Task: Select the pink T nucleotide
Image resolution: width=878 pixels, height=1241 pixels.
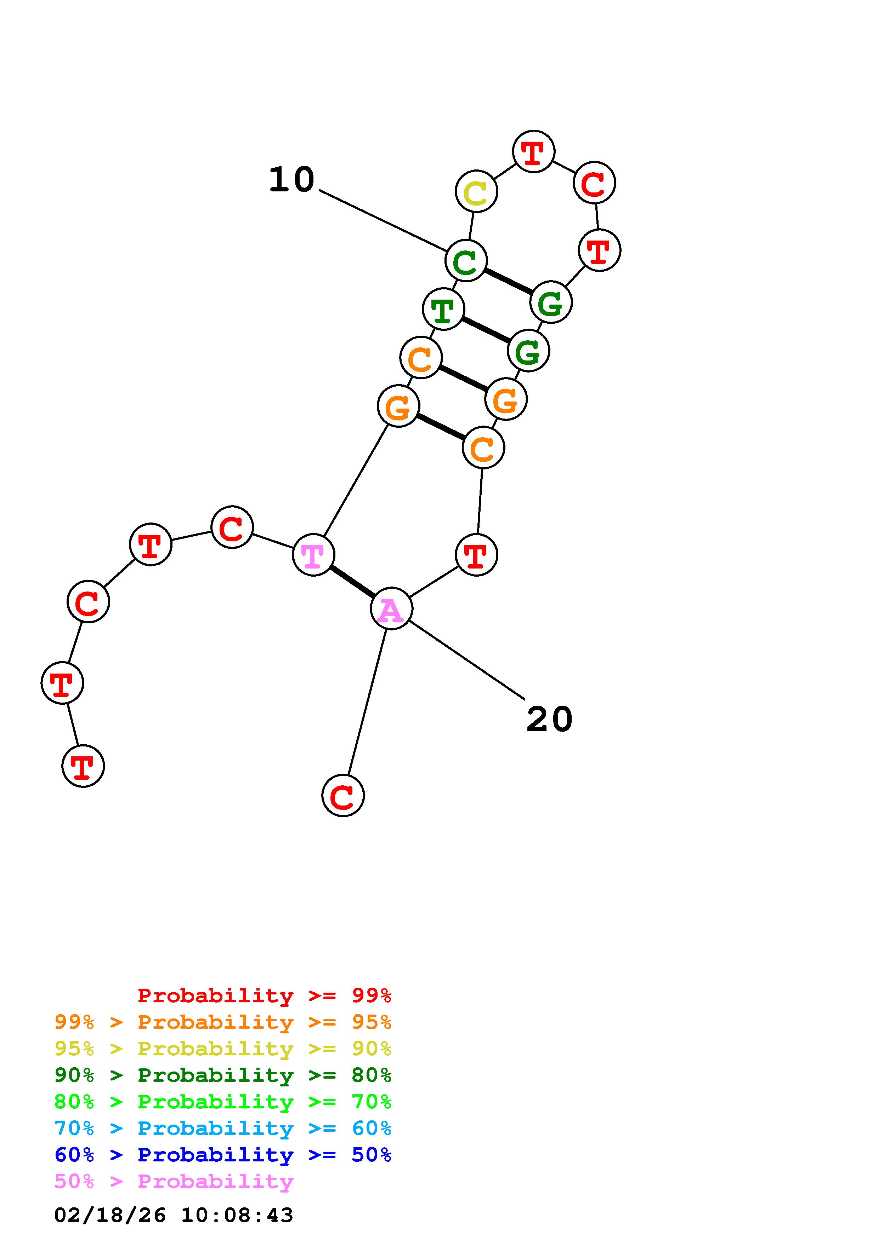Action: click(x=313, y=555)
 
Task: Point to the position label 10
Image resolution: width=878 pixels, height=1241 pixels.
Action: click(x=291, y=179)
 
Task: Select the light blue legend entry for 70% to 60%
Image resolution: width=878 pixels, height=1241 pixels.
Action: click(x=223, y=1128)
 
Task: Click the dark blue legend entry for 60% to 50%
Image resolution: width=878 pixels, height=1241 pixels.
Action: click(x=223, y=1155)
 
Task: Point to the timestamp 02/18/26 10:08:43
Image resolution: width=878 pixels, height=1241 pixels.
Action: click(x=174, y=1215)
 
